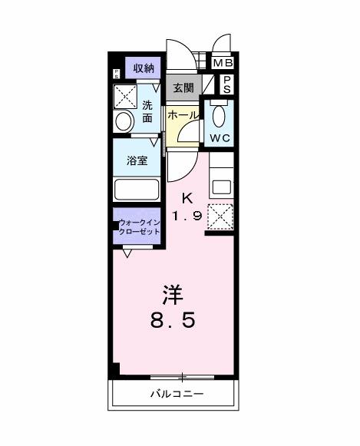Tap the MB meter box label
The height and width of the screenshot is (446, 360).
click(223, 63)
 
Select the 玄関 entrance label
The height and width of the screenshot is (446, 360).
click(183, 87)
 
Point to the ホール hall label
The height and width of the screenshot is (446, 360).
click(183, 114)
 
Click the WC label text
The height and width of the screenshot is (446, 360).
click(219, 138)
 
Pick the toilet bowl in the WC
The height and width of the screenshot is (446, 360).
click(219, 117)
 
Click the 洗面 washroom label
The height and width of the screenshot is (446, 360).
click(147, 112)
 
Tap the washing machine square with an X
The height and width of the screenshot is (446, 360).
click(124, 97)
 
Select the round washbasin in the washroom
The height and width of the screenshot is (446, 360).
click(123, 121)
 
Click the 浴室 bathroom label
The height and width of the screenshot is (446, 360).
click(137, 162)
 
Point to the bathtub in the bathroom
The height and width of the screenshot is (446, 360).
click(136, 190)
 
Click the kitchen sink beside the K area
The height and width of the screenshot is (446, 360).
click(220, 186)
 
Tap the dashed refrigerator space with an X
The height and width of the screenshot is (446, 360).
click(221, 216)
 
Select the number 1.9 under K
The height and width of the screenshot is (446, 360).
click(187, 216)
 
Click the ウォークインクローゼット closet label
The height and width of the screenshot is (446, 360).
click(139, 227)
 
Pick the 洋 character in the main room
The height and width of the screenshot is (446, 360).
click(172, 295)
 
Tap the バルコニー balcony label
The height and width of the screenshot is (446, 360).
click(176, 395)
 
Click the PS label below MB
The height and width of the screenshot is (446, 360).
click(227, 84)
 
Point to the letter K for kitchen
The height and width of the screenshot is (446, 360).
click(187, 197)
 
